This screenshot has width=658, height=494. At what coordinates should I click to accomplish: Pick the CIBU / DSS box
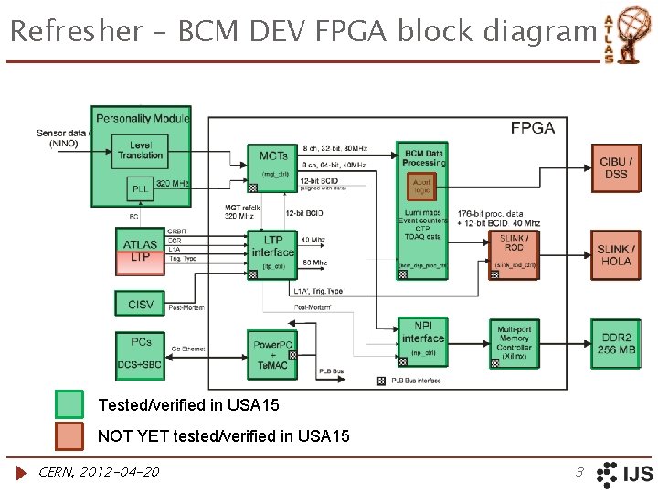[x=615, y=168]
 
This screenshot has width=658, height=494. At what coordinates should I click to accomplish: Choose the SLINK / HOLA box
[x=615, y=255]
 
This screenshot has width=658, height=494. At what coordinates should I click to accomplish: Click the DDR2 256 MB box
[x=615, y=343]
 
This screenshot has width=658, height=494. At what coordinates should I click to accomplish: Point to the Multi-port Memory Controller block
[x=514, y=343]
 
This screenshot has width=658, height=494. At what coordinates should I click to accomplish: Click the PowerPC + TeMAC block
[x=273, y=352]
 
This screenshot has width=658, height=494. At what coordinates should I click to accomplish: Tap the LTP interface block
[x=272, y=252]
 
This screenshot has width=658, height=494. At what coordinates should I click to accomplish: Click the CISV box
[x=140, y=304]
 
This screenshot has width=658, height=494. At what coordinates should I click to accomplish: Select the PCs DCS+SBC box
[x=140, y=353]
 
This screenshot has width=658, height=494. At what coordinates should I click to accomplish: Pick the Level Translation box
[x=140, y=150]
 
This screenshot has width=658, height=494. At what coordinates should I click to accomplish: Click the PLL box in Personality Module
[x=140, y=189]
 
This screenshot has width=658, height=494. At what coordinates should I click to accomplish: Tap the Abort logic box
[x=421, y=186]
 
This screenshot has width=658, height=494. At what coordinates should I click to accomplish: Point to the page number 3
[x=578, y=472]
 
